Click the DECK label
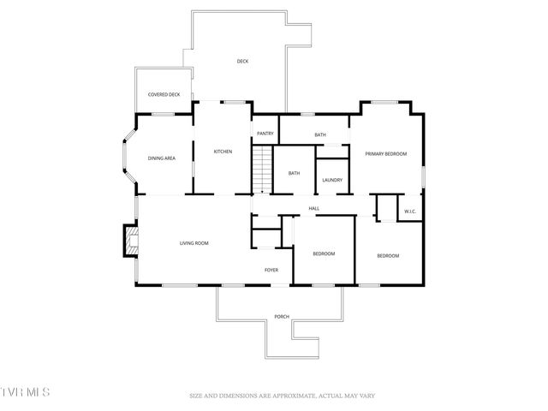click(x=242, y=61)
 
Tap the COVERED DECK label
click(x=164, y=94)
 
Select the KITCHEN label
click(x=223, y=152)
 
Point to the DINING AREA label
click(x=162, y=158)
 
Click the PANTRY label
click(x=265, y=134)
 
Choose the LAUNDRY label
click(x=332, y=180)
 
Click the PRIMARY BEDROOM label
click(x=385, y=154)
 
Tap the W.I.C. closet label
click(x=410, y=211)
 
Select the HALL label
click(x=313, y=208)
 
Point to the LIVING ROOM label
click(x=194, y=243)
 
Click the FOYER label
click(x=271, y=270)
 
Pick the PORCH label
click(x=281, y=317)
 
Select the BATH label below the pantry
click(x=294, y=173)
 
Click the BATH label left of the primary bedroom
click(x=319, y=134)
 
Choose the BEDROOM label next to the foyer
click(x=323, y=253)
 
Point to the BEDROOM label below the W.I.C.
click(x=388, y=255)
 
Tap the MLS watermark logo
click(x=26, y=392)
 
